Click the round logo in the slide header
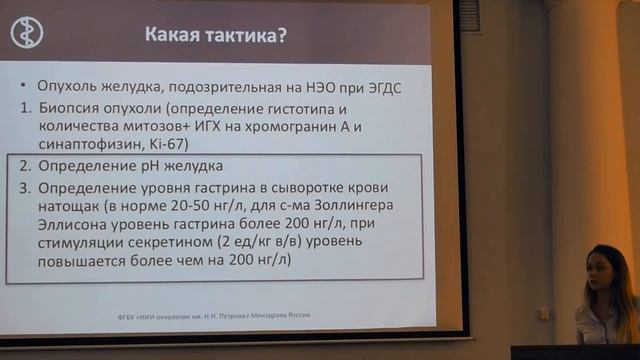pos(27,32)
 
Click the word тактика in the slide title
pos(233,36)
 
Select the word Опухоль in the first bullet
pos(72,87)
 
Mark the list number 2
pos(26,165)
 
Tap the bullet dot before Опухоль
pos(27,88)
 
